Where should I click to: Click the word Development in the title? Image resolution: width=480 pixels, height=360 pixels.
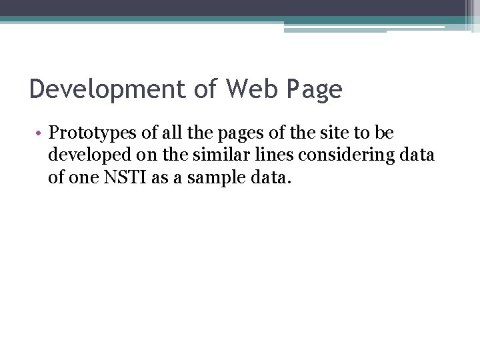(107, 89)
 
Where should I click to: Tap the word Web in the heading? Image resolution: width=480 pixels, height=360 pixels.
(252, 89)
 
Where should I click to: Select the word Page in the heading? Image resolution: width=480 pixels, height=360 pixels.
(315, 89)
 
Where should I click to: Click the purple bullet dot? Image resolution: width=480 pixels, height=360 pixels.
(38, 133)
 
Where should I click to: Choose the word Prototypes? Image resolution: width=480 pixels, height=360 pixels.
(92, 134)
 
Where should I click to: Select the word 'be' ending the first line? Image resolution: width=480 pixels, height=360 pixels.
(384, 132)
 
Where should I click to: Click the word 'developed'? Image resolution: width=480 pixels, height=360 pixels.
(90, 155)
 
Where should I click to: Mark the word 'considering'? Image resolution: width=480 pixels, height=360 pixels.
(347, 155)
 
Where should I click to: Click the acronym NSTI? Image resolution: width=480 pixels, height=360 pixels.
(125, 177)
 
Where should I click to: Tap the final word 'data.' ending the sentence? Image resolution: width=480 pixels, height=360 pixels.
(271, 177)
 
